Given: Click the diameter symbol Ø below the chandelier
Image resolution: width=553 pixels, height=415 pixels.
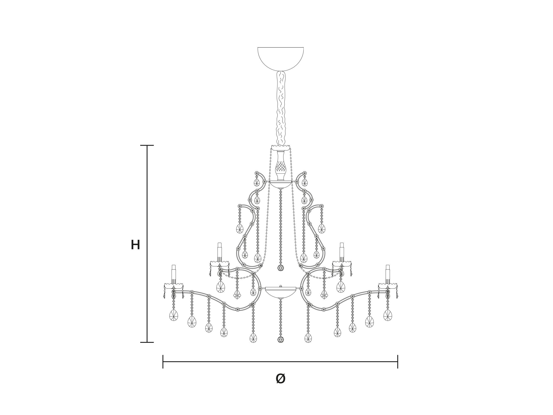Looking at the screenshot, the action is coord(280,379).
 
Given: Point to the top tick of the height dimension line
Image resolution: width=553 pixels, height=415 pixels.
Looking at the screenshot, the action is coord(147,145).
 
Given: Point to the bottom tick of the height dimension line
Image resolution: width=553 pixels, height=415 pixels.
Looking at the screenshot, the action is coord(147,342).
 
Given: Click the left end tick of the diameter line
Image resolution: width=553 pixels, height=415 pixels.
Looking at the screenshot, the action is coord(163,362).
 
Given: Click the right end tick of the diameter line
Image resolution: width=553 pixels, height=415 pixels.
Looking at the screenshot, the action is coord(397,362).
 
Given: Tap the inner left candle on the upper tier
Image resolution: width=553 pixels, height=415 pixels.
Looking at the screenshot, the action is coord(220,252).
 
